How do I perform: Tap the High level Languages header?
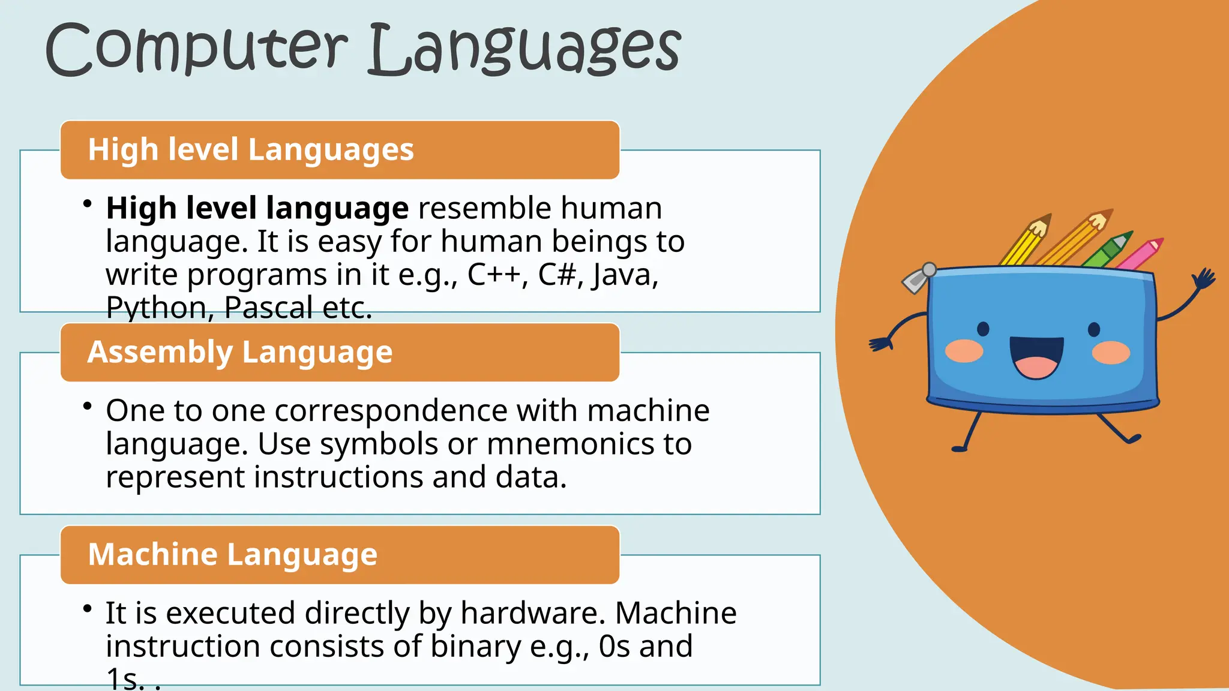pos(251,149)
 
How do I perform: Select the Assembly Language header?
pos(240,352)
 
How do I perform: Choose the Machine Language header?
pos(233,554)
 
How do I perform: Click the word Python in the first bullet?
pos(156,308)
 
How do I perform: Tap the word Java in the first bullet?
pos(624,276)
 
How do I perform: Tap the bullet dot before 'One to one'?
pos(88,406)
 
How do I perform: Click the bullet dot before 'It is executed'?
pos(88,609)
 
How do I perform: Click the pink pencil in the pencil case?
pos(1140,255)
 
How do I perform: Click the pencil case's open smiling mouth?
pos(1036,356)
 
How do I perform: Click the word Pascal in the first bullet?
pos(268,308)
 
